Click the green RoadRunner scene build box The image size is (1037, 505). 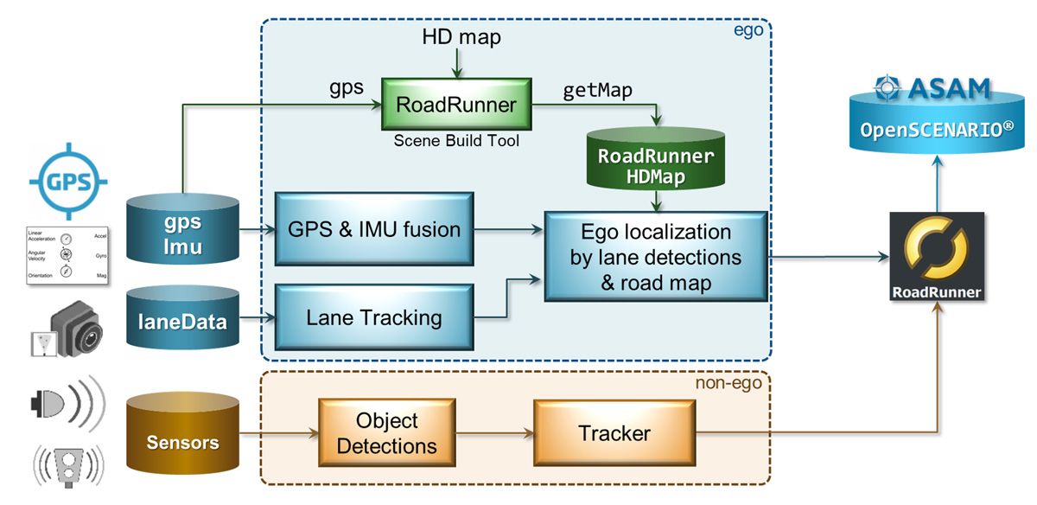456,105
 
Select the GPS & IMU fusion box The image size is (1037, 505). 373,230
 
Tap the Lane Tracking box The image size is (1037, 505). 373,317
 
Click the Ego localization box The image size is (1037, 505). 655,257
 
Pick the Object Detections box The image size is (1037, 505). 387,433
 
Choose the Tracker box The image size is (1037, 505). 614,433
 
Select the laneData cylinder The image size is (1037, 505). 182,322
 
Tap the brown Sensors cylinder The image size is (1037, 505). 182,442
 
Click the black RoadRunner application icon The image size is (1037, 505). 937,256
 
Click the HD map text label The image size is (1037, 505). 461,37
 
